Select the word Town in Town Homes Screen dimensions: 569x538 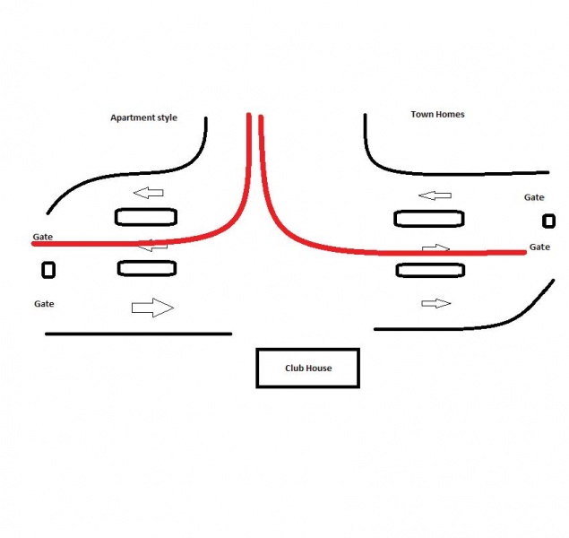coord(422,115)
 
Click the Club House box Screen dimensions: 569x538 coord(307,369)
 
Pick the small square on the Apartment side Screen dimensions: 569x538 coord(48,270)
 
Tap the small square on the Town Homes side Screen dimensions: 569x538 coord(548,221)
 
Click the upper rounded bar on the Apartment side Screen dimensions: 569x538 coord(146,217)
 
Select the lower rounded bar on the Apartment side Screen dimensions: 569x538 coord(147,268)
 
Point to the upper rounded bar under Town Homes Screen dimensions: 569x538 coord(429,219)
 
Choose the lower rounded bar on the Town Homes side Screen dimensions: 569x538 coord(430,271)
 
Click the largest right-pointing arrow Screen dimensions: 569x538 coord(152,308)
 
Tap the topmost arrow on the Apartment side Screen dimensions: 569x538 coord(149,193)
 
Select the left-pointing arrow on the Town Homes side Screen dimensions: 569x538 coord(435,195)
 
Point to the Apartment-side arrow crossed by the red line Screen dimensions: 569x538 coord(152,246)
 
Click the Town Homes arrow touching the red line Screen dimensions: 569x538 coord(435,248)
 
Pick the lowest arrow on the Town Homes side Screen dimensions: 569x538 coord(436,303)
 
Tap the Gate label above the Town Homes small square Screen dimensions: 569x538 coord(534,197)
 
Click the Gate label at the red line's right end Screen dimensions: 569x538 coord(539,247)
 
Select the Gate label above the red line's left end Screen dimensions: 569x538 coord(43,237)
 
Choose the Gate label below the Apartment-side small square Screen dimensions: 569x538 coord(44,304)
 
